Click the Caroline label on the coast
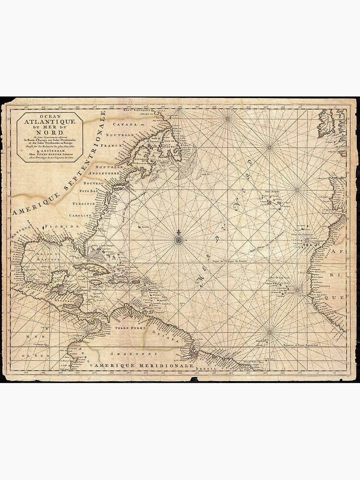click(x=79, y=216)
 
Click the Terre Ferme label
click(x=126, y=327)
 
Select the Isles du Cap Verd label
click(x=281, y=277)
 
